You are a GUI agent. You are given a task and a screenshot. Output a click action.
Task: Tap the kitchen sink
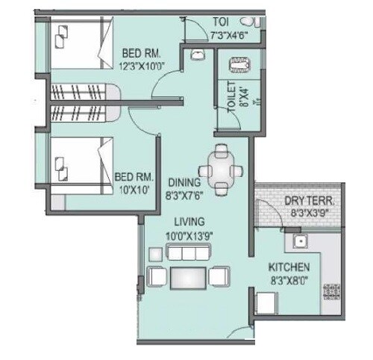click(300, 241)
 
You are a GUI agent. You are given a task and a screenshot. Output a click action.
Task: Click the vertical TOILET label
click(231, 96)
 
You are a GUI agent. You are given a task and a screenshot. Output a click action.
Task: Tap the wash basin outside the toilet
click(198, 55)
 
